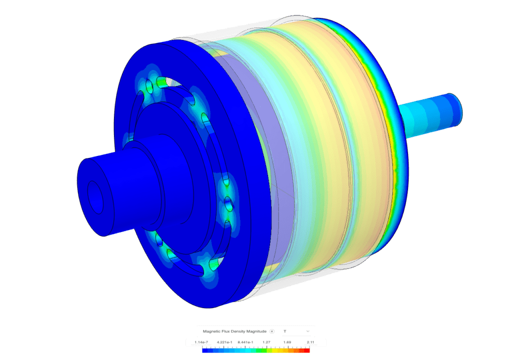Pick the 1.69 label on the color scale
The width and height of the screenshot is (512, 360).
click(287, 342)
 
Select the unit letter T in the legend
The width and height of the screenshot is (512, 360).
click(284, 331)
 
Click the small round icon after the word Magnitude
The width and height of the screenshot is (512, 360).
click(272, 331)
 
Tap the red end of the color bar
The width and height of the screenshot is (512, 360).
click(307, 350)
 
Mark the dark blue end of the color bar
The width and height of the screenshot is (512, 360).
click(205, 350)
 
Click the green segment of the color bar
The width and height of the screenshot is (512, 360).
click(260, 350)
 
